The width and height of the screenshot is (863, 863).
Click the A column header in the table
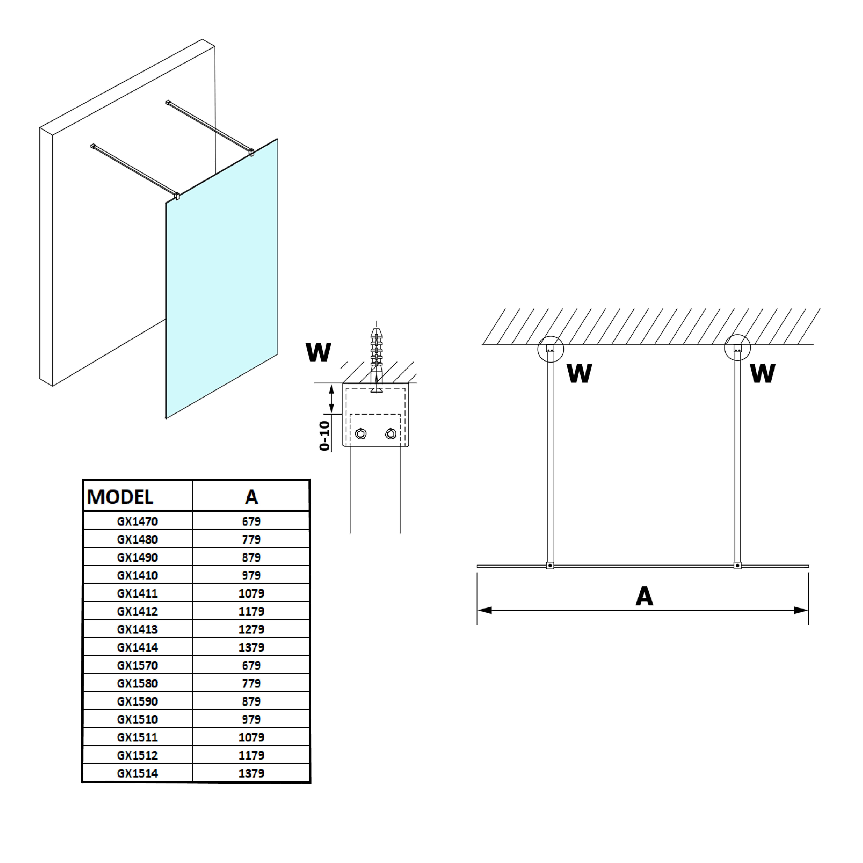[x=251, y=497]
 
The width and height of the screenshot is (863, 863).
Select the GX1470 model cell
[x=138, y=521]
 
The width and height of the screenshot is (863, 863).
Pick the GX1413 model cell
[x=138, y=629]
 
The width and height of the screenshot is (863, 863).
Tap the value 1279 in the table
[x=251, y=629]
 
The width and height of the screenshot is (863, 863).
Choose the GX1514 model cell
[x=138, y=773]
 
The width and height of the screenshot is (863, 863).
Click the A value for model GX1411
[x=251, y=593]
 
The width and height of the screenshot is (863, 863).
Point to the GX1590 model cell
[x=138, y=701]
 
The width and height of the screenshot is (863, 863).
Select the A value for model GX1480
[x=251, y=539]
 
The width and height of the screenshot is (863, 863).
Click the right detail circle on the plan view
[x=737, y=348]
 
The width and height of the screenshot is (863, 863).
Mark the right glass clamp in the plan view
[x=737, y=565]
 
